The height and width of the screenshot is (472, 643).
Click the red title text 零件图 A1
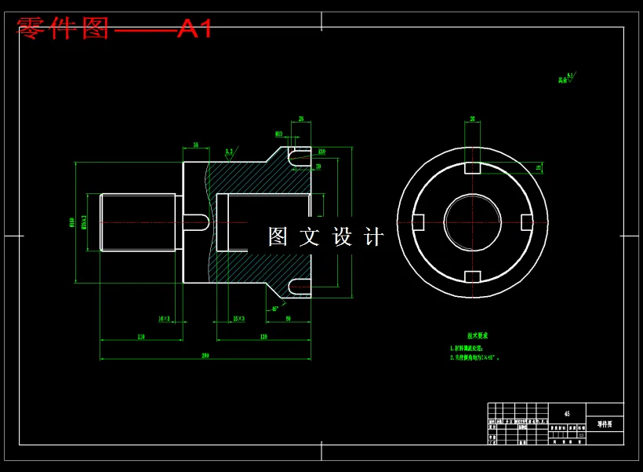pyautogui.click(x=114, y=29)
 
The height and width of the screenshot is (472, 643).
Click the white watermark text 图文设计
pyautogui.click(x=326, y=236)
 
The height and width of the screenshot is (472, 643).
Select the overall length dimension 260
pyautogui.click(x=205, y=356)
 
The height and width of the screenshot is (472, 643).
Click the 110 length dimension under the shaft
pyautogui.click(x=141, y=336)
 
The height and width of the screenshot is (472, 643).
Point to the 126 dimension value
pyautogui.click(x=263, y=336)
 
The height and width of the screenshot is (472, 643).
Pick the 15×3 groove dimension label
pyautogui.click(x=238, y=319)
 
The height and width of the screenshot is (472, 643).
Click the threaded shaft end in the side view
pyautogui.click(x=139, y=222)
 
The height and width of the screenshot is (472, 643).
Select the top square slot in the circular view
pyautogui.click(x=472, y=169)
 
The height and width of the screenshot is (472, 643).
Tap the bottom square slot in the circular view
pyautogui.click(x=472, y=276)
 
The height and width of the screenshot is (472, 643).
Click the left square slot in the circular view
pyautogui.click(x=418, y=222)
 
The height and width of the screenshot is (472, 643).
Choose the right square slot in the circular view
pyautogui.click(x=526, y=222)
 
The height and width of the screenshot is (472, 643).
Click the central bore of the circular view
pyautogui.click(x=472, y=222)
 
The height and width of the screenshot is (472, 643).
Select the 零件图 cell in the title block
pyautogui.click(x=605, y=424)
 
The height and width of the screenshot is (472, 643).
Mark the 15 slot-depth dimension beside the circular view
pyautogui.click(x=538, y=167)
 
